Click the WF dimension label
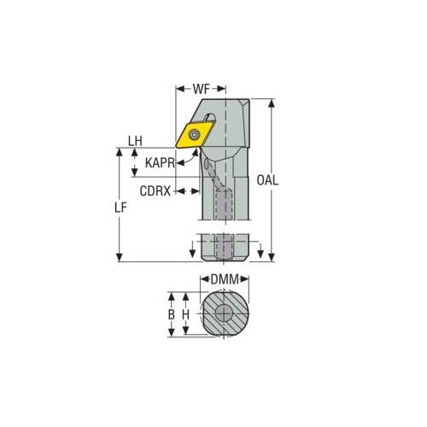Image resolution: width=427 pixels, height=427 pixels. click(x=202, y=88)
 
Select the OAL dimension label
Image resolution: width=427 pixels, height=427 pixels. click(x=272, y=180)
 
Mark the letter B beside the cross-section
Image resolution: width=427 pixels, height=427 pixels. click(x=171, y=314)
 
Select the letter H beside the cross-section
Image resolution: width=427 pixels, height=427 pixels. click(x=186, y=314)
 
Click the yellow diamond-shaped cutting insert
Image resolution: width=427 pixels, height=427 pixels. click(x=193, y=134)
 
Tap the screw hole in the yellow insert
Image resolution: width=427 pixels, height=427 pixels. click(x=195, y=133)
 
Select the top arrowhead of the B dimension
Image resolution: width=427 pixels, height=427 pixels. click(x=171, y=295)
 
